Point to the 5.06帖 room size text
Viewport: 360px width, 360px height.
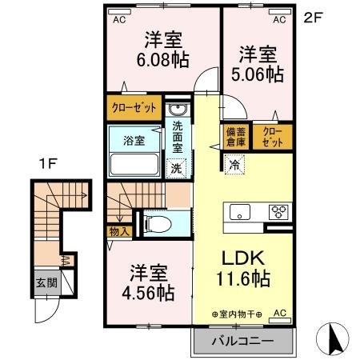pos(258,74)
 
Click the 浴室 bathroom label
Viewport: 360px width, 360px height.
pos(134,141)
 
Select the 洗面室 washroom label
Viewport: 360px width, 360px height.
pos(178,136)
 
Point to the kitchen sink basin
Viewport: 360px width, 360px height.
pos(240,212)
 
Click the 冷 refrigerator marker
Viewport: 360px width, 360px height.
pos(235,165)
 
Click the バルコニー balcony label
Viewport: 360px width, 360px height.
pos(242,341)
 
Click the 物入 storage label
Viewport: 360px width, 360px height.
pos(116,230)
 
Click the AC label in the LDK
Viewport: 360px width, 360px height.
pos(280,313)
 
